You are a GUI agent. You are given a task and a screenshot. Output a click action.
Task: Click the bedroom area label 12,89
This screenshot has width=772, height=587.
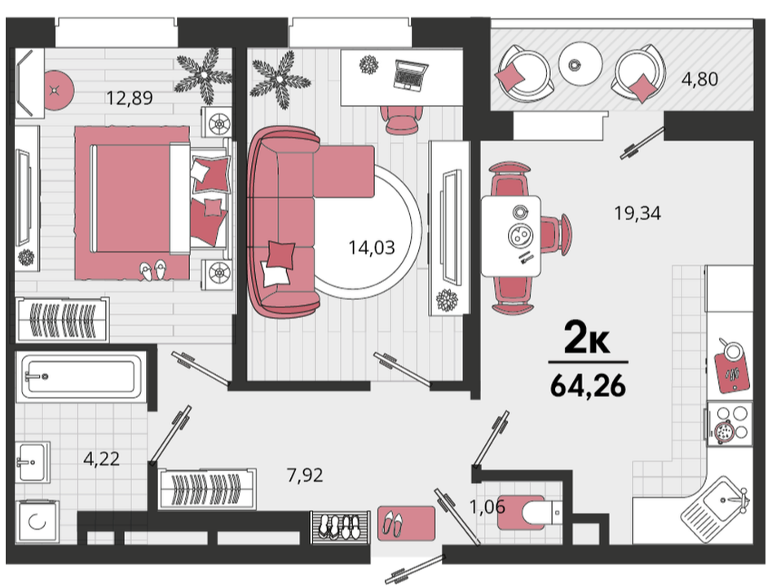coord(130,98)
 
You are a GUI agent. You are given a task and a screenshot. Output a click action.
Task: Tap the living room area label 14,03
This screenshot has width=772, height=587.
coord(372,247)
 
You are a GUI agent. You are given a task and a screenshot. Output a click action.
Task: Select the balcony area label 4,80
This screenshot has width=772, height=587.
coord(699,79)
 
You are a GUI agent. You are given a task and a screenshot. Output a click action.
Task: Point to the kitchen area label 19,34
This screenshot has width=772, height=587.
coord(637,214)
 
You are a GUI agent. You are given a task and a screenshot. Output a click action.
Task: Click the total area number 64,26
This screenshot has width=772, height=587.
coord(589,386)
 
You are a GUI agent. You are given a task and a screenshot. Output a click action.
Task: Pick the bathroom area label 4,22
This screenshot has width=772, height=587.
coord(101,459)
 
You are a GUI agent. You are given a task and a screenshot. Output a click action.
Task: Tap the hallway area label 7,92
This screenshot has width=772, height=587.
coord(305,475)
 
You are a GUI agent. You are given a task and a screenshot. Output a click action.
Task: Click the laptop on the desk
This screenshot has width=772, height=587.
coord(410,74)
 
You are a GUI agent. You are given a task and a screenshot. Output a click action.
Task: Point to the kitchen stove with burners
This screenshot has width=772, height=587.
coord(730,424)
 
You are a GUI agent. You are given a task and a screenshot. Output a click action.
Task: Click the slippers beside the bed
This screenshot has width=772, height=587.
coord(152,271)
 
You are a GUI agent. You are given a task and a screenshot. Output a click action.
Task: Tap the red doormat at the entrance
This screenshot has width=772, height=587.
coord(407,523)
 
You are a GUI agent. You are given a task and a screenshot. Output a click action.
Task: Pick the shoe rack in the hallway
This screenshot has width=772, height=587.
coord(340,528)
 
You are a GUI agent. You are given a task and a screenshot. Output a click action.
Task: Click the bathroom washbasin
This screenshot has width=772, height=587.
coord(33,461)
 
